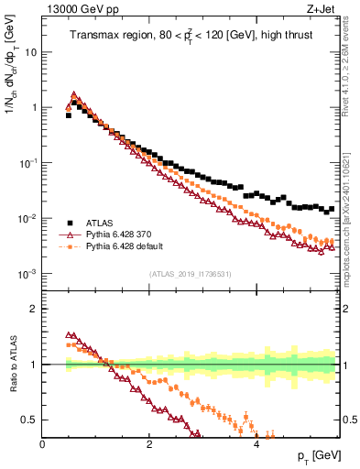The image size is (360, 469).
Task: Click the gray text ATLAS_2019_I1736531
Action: pos(191,274)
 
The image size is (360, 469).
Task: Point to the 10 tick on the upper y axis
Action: pos(31,52)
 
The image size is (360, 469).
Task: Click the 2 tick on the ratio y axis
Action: pos(34,309)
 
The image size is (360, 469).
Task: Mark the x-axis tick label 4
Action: pos(256,445)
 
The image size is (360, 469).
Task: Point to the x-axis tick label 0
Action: pos(43,445)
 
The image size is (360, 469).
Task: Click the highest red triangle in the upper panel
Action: pos(73,93)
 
